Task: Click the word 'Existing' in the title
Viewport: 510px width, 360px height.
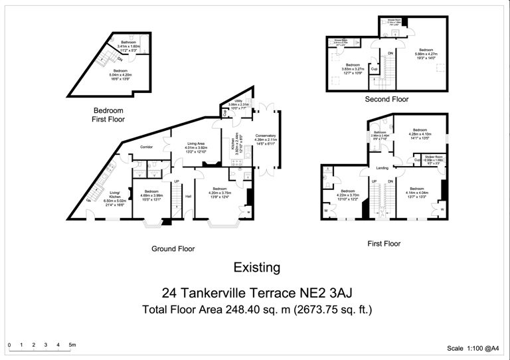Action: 256,268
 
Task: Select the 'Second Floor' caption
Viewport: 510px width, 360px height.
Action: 386,99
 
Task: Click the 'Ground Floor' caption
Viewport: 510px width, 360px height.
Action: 173,249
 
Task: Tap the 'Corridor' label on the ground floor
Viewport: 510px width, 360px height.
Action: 147,147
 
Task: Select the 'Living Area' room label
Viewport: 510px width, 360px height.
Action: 196,143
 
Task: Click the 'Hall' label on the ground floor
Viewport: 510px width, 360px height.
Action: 189,196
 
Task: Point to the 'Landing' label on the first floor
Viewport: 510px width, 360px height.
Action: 382,168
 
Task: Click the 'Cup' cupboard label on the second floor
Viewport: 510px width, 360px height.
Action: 375,68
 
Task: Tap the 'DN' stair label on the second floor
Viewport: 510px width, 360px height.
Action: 390,53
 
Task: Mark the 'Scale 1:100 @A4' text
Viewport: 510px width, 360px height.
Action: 475,348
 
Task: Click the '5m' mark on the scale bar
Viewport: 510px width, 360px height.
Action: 72,345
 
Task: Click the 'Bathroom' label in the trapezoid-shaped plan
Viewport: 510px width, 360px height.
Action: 128,43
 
